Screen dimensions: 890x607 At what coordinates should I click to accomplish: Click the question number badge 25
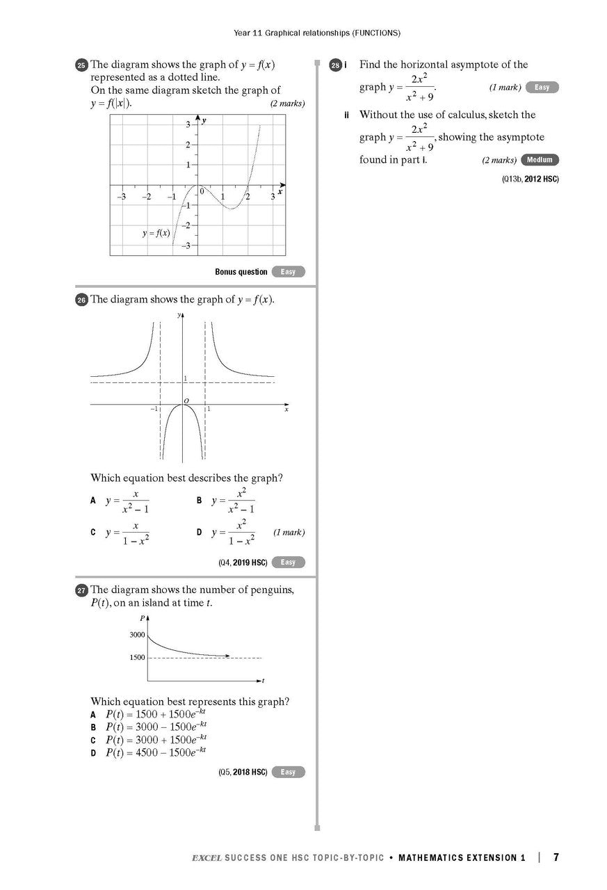pyautogui.click(x=81, y=65)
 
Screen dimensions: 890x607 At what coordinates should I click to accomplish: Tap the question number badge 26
pyautogui.click(x=81, y=300)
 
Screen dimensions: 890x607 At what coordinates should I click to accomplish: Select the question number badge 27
pyautogui.click(x=81, y=590)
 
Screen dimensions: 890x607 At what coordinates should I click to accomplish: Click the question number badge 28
pyautogui.click(x=336, y=65)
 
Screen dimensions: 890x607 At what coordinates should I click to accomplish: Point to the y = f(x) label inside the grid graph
pyautogui.click(x=156, y=233)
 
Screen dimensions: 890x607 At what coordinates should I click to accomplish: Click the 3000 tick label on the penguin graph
pyautogui.click(x=137, y=635)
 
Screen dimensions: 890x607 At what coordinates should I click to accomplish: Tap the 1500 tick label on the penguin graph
pyautogui.click(x=137, y=658)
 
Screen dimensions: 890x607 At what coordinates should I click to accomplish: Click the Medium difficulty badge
pyautogui.click(x=539, y=160)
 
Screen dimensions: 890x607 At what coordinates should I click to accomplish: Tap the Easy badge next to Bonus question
pyautogui.click(x=288, y=272)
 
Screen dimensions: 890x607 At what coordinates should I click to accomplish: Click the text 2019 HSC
pyautogui.click(x=250, y=563)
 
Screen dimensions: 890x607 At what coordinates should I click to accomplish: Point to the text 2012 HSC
pyautogui.click(x=541, y=179)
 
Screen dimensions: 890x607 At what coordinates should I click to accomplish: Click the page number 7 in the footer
pyautogui.click(x=556, y=857)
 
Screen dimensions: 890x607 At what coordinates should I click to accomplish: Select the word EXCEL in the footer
pyautogui.click(x=207, y=858)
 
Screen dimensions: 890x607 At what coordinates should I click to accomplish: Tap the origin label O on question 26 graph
pyautogui.click(x=186, y=400)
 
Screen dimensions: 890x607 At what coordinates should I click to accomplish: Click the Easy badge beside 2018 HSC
pyautogui.click(x=288, y=772)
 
